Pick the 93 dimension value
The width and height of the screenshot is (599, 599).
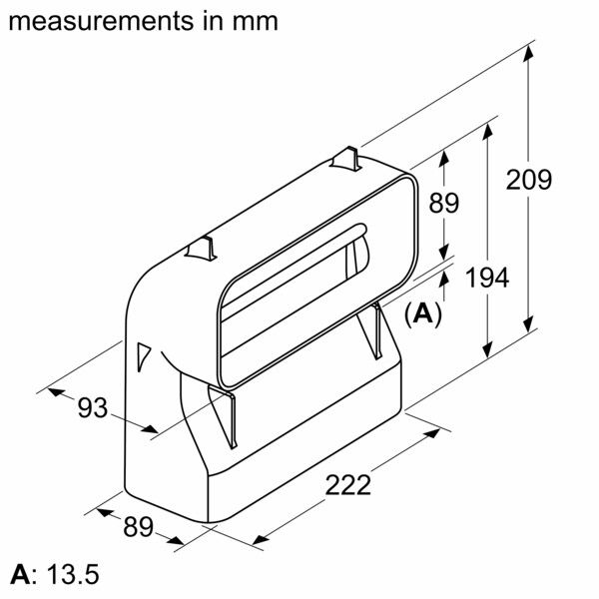92,407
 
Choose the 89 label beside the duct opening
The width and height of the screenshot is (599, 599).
443,203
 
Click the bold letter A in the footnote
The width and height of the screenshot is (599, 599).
18,576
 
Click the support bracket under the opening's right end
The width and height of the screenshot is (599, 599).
376,329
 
